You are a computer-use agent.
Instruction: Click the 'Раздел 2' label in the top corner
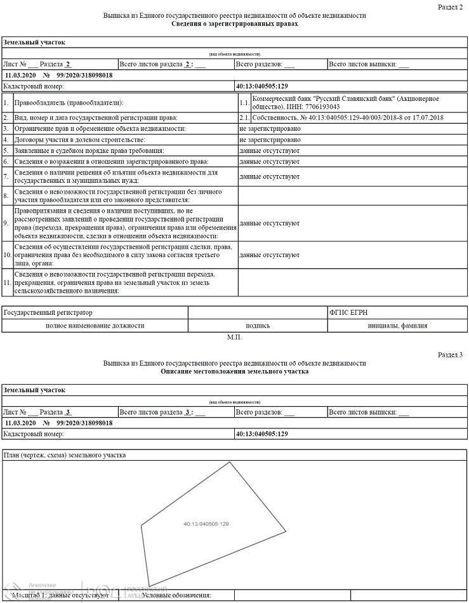click(x=450, y=6)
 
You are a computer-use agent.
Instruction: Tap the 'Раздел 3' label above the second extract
click(x=450, y=354)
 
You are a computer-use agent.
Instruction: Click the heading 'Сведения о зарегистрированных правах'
click(x=234, y=23)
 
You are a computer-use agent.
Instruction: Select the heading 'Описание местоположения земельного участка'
click(x=234, y=371)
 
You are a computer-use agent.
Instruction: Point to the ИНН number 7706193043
click(x=317, y=107)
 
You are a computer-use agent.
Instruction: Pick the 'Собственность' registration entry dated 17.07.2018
click(x=347, y=117)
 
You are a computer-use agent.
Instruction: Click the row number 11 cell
click(x=6, y=282)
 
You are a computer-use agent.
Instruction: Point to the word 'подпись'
click(x=258, y=326)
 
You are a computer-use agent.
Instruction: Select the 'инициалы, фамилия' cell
click(x=397, y=326)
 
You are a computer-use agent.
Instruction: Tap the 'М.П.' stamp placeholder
click(x=234, y=337)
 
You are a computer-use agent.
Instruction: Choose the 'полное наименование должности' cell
click(x=95, y=326)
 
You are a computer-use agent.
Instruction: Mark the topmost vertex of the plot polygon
click(x=230, y=462)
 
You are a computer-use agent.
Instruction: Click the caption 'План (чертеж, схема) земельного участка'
click(x=65, y=454)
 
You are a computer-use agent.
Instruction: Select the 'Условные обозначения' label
click(x=176, y=595)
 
